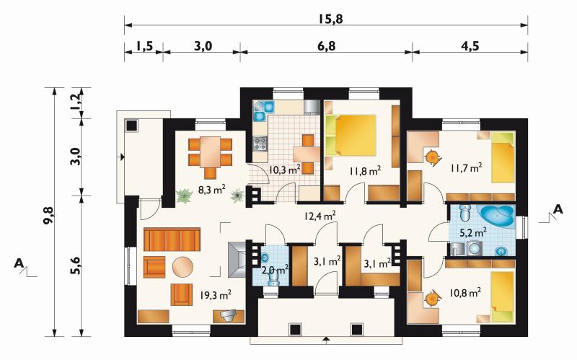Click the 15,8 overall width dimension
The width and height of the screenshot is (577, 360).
pyautogui.click(x=331, y=19)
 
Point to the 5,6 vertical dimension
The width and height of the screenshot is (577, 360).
pyautogui.click(x=76, y=265)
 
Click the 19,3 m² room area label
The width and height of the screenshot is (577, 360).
pyautogui.click(x=216, y=294)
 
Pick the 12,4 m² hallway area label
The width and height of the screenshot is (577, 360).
pyautogui.click(x=319, y=215)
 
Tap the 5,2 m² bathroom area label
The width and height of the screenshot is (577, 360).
pyautogui.click(x=474, y=232)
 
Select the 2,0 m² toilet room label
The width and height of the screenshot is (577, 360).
pyautogui.click(x=275, y=270)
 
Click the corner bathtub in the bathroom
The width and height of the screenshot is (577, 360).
pyautogui.click(x=495, y=216)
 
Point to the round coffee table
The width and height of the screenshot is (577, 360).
pyautogui.click(x=182, y=267)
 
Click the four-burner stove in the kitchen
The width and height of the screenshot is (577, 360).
pyautogui.click(x=260, y=143)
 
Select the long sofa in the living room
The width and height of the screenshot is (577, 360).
pyautogui.click(x=172, y=240)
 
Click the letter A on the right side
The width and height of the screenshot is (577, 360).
pyautogui.click(x=558, y=209)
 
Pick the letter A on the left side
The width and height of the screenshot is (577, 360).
pyautogui.click(x=19, y=263)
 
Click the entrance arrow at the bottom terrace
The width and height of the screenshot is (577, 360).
pyautogui.click(x=326, y=339)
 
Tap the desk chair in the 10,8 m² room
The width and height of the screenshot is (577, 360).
pyautogui.click(x=431, y=299)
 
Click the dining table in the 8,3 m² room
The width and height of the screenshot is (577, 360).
pyautogui.click(x=210, y=152)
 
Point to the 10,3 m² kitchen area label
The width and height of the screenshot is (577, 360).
pyautogui.click(x=285, y=170)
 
